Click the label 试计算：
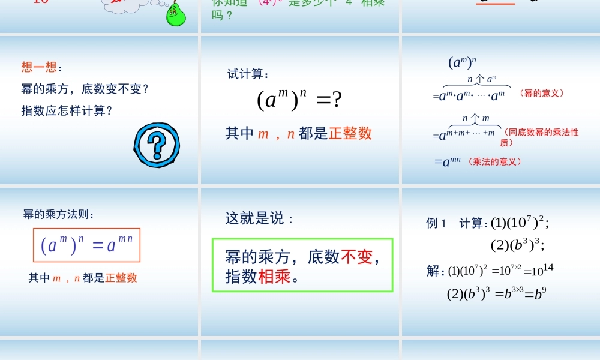pos(248,74)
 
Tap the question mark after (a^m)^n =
pos(337,100)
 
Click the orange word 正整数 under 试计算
pos(350,134)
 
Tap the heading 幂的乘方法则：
pos(59,214)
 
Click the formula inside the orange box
pos(86,245)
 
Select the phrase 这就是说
pos(254,219)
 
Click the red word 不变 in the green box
pos(356,257)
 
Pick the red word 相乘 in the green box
pos(274,277)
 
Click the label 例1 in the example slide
pos(437,224)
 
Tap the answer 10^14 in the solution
pos(542,269)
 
